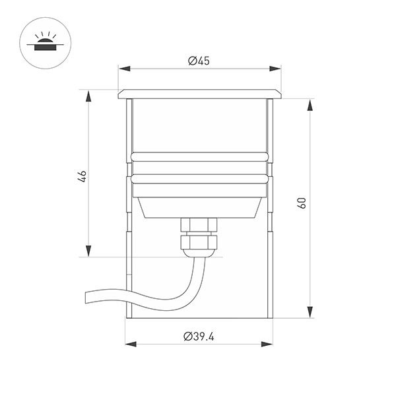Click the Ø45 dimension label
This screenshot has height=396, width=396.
pos(199,61)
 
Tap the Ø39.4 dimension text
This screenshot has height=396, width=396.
pos(199,337)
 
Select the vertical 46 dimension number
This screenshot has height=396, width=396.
pos(82,176)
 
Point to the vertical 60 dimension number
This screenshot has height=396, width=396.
pos(302,203)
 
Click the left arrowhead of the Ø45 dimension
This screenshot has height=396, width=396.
pos(125,69)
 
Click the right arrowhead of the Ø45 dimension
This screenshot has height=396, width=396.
pos(275,69)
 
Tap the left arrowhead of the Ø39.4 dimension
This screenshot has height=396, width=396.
pos(131,344)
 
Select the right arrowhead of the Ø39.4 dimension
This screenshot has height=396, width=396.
pos(267,344)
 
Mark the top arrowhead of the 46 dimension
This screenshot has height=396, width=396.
pos(88,96)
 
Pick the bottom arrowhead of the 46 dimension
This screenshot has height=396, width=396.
pos(88,251)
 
